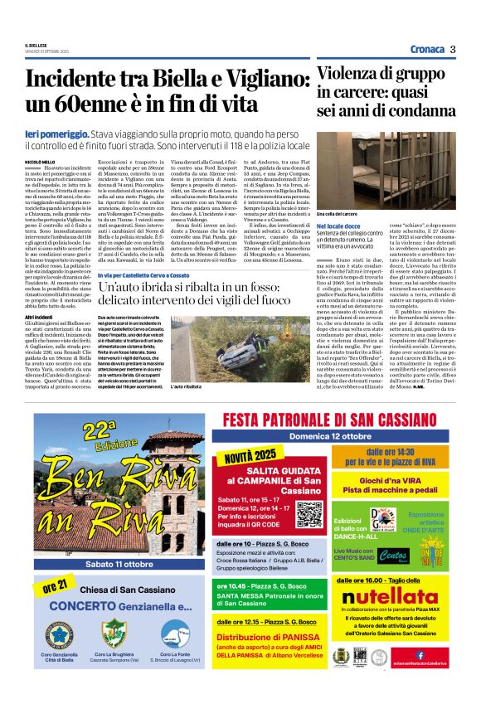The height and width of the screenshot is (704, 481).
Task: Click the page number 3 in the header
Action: [x=453, y=49]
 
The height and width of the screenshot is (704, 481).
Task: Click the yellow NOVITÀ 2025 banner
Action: [x=250, y=457]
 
